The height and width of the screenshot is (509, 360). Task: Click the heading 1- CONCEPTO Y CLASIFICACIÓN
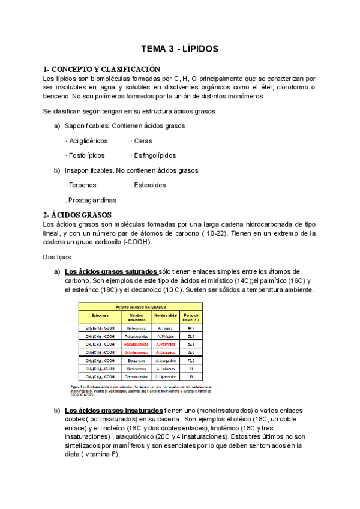(x=101, y=69)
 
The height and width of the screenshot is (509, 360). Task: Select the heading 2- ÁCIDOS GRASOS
(x=77, y=215)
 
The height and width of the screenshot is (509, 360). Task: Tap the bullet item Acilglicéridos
(x=87, y=141)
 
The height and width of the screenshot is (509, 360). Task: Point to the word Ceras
(x=143, y=141)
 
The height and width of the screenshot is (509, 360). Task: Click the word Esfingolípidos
(x=154, y=155)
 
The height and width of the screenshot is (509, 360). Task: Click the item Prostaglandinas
(x=91, y=200)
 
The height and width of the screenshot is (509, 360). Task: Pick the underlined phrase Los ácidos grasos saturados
(x=111, y=271)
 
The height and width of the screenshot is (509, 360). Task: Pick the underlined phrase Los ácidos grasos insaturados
(x=113, y=410)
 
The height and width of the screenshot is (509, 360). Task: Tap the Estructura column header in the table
(x=100, y=315)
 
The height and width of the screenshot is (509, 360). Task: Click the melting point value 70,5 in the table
(x=191, y=360)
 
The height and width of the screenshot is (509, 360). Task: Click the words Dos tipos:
(x=58, y=257)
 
